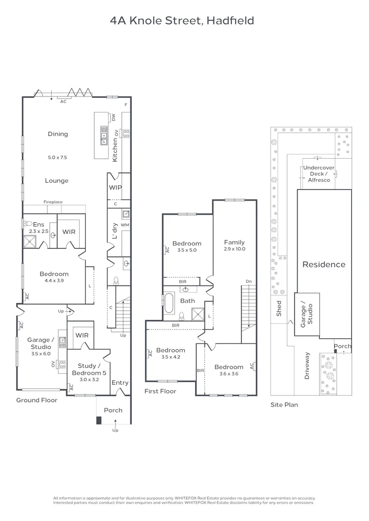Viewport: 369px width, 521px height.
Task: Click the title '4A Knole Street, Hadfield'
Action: click(x=182, y=21)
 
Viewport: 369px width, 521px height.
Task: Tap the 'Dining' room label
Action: click(x=58, y=134)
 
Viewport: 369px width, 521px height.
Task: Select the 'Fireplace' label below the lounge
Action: click(x=53, y=202)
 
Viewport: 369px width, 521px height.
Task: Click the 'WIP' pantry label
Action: click(x=115, y=188)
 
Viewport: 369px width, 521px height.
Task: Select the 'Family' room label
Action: click(x=234, y=242)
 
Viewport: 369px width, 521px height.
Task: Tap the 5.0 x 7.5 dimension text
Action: click(x=57, y=157)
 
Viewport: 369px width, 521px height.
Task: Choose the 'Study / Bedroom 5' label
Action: click(x=89, y=370)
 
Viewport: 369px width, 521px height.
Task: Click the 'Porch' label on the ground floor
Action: click(x=114, y=410)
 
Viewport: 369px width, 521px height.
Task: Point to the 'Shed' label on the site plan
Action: click(x=279, y=309)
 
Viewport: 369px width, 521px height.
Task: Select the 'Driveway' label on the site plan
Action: click(x=307, y=366)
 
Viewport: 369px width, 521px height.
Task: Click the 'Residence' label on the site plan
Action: click(x=324, y=264)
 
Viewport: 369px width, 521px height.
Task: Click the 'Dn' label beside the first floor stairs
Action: click(x=249, y=281)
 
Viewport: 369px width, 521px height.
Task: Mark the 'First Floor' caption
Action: click(x=160, y=391)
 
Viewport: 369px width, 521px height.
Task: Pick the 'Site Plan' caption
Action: click(x=284, y=405)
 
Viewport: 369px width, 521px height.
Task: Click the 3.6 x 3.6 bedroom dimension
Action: click(x=229, y=373)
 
